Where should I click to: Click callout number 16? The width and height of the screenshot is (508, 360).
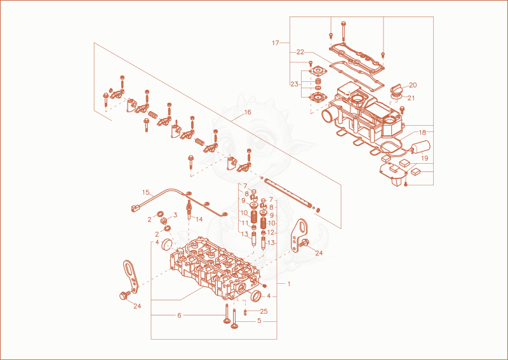[247, 112]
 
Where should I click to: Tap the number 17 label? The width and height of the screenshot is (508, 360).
[276, 43]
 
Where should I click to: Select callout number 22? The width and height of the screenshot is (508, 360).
[300, 52]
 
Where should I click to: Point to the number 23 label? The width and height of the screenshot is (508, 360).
[294, 84]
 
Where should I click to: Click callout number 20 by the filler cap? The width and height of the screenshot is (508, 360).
[413, 85]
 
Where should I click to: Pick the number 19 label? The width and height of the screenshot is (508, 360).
[424, 158]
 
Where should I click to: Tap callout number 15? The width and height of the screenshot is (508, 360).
[145, 192]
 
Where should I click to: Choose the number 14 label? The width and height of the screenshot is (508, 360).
[199, 220]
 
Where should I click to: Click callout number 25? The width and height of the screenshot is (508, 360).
[264, 311]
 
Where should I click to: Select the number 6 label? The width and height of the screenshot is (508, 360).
[179, 316]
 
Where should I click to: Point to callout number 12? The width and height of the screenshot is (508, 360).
[271, 232]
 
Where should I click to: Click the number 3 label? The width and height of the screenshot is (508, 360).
[175, 215]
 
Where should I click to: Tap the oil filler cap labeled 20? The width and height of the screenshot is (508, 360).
[396, 89]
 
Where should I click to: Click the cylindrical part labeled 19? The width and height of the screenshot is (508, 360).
[422, 147]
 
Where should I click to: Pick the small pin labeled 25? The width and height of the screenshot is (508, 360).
[246, 312]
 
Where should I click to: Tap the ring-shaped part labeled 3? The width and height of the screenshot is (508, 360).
[164, 221]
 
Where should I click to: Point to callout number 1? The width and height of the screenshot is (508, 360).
[289, 284]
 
